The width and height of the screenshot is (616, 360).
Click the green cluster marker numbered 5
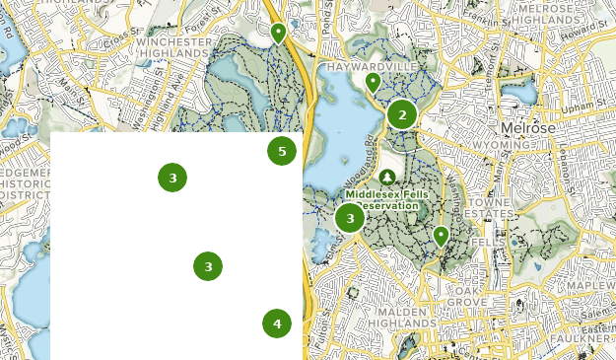(x=282, y=151)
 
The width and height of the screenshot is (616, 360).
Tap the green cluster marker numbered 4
(x=277, y=324)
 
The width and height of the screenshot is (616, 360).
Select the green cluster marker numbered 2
(x=401, y=115)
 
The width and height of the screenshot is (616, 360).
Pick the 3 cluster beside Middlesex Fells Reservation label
(x=350, y=218)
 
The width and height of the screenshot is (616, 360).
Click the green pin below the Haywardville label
(x=373, y=83)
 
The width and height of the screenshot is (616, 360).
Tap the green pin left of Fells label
(x=441, y=236)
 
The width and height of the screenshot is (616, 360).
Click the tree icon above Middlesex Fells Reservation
(x=387, y=178)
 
